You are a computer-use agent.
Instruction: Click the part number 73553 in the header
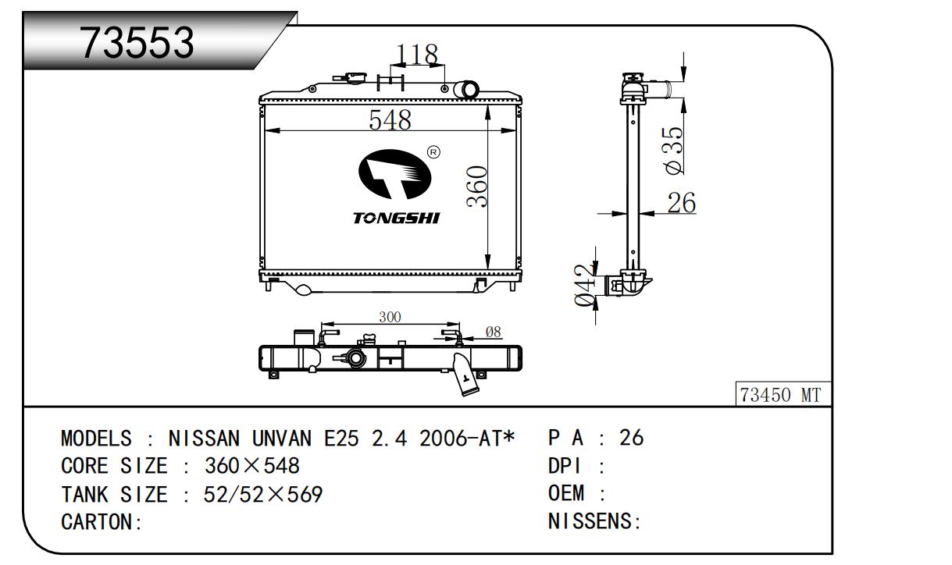[x=137, y=42]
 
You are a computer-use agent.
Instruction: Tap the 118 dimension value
[x=416, y=55]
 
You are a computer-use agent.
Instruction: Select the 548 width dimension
[x=390, y=119]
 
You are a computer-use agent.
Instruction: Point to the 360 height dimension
[x=477, y=187]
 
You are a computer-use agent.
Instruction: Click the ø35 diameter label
[x=675, y=151]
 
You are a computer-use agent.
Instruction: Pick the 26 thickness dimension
[x=682, y=203]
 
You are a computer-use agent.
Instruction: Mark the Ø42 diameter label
[x=584, y=285]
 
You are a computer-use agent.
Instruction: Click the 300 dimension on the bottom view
[x=390, y=317]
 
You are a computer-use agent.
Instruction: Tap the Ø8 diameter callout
[x=494, y=332]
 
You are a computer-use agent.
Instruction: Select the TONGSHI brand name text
[x=396, y=219]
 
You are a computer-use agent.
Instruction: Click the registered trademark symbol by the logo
[x=433, y=152]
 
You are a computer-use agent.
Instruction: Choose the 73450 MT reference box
[x=783, y=394]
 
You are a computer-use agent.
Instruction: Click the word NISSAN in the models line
[x=204, y=438]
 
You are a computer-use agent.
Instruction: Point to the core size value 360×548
[x=252, y=466]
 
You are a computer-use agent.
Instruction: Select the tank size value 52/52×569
[x=263, y=494]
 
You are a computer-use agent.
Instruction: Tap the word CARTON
[x=97, y=521]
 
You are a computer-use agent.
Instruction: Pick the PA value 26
[x=632, y=438]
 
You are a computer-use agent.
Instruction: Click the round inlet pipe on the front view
[x=469, y=90]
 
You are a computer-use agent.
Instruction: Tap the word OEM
[x=565, y=493]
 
